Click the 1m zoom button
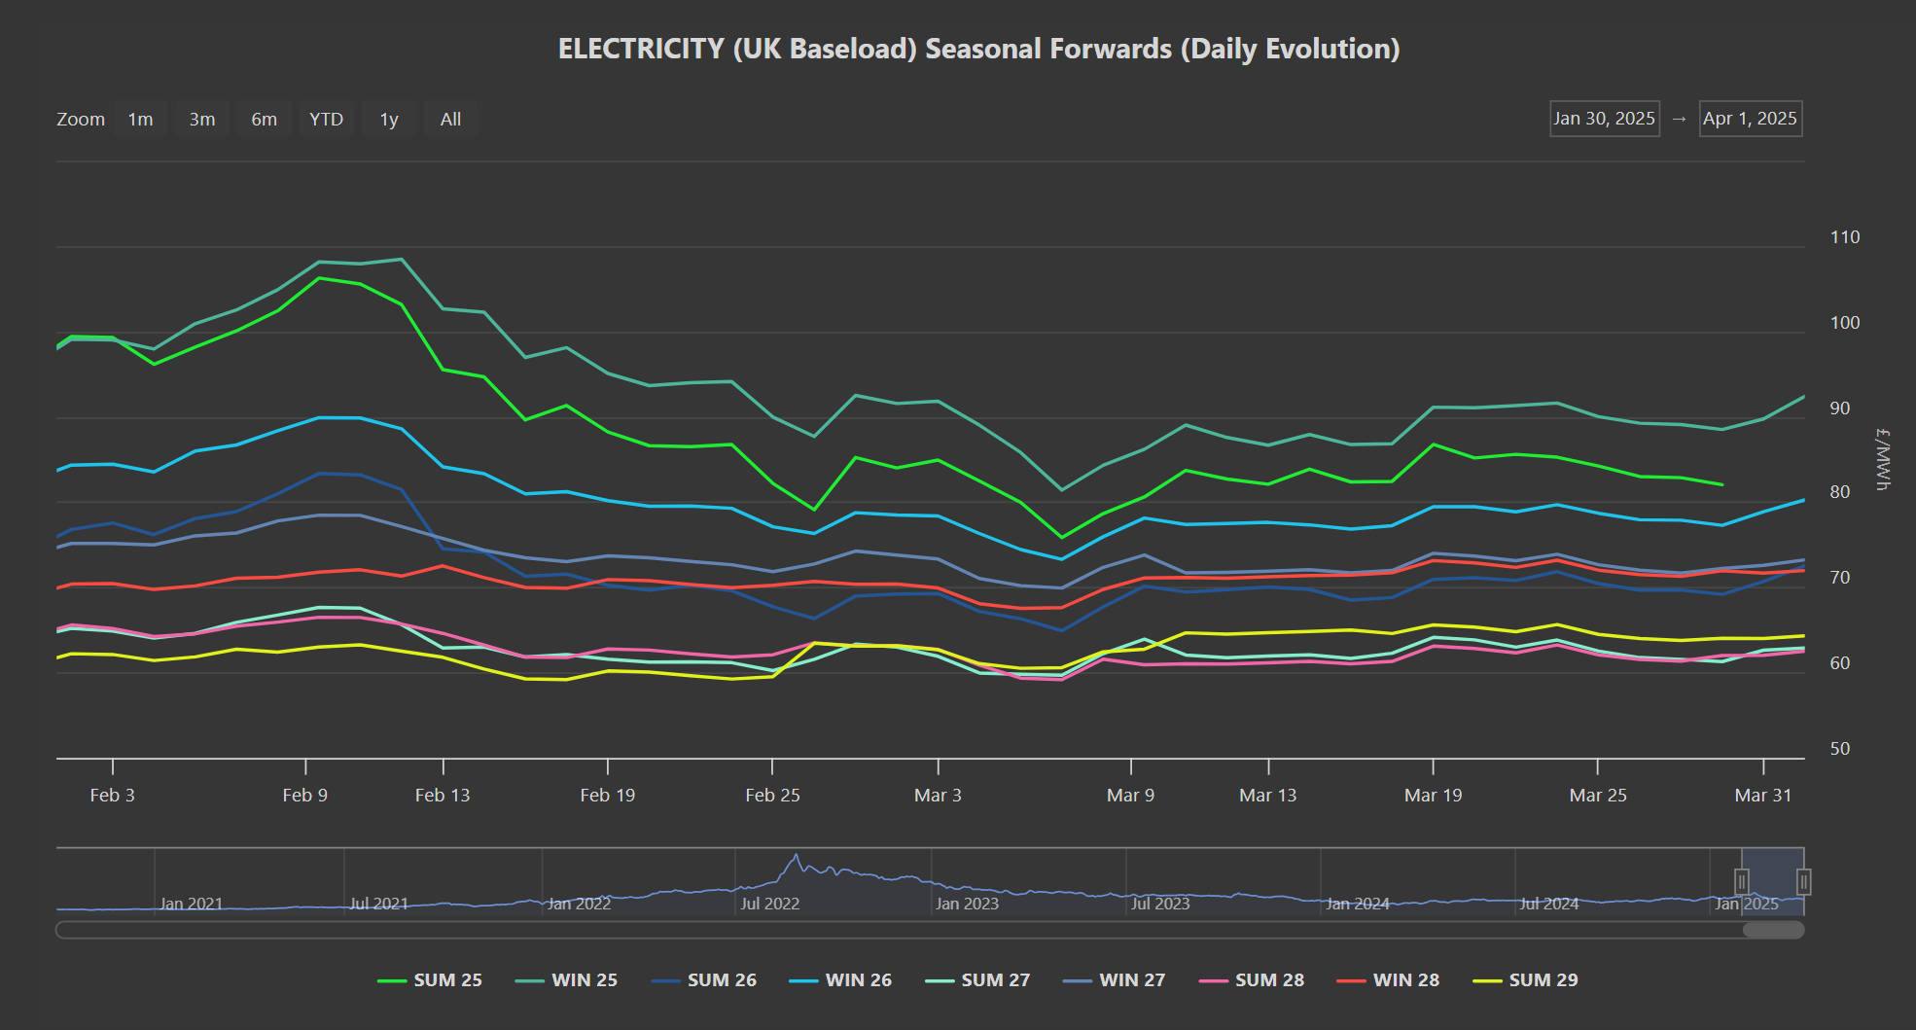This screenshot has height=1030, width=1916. [x=141, y=119]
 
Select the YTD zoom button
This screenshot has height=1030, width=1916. [x=327, y=119]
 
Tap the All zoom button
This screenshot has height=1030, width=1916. [x=450, y=119]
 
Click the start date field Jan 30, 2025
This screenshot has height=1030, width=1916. [x=1605, y=119]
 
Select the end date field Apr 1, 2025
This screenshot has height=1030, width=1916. [x=1751, y=119]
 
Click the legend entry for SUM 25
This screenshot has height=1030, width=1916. [x=430, y=980]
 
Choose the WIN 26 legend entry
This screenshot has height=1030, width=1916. [x=840, y=980]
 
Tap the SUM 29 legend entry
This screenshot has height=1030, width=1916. [x=1525, y=980]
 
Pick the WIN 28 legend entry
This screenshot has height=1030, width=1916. [x=1388, y=980]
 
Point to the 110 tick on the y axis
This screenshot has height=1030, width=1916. [x=1844, y=237]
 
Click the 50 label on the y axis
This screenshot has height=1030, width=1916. [x=1840, y=749]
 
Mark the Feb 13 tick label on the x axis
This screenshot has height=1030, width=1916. [x=443, y=796]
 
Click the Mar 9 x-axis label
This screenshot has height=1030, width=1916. [x=1130, y=796]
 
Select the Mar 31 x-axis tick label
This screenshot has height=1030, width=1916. [x=1762, y=796]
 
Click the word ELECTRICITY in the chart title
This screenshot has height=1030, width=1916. [x=642, y=49]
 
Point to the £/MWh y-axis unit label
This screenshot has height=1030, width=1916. [x=1883, y=459]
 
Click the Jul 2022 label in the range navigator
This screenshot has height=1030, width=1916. [x=769, y=904]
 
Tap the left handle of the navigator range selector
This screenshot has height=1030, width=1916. [x=1742, y=882]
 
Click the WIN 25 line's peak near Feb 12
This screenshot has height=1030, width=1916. [x=402, y=259]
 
